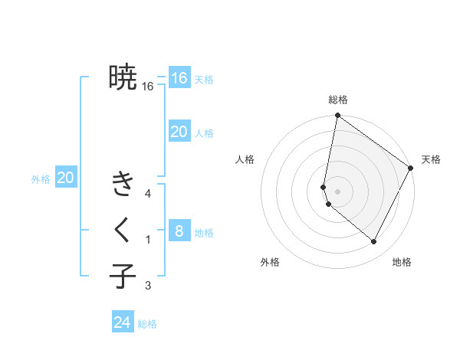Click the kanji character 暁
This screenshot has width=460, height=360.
pos(123,77)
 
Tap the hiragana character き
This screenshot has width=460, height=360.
pos(123,185)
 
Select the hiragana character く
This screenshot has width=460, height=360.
pos(123,229)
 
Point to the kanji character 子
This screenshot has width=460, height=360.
pos(123,276)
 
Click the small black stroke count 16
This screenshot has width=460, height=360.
pos(148,87)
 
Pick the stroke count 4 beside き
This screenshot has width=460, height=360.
pos(148,194)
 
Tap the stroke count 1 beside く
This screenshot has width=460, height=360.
pos(148,240)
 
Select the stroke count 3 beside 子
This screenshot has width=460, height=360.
pos(148,286)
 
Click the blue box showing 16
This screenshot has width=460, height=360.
pos(179,78)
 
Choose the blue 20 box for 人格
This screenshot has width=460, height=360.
pos(179,131)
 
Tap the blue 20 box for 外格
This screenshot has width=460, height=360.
pos(66,178)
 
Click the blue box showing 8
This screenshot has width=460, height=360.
pos(179,231)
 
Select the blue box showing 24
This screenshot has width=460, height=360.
pos(123,322)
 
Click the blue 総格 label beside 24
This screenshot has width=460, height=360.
pos(147,324)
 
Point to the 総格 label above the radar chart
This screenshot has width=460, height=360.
pos(338,100)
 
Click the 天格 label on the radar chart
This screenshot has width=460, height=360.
pos(431,159)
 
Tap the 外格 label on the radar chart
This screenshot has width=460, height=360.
pos(270,262)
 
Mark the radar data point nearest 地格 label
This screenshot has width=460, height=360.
pos(374,241)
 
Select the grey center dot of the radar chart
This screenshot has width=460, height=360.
pos(338,191)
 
